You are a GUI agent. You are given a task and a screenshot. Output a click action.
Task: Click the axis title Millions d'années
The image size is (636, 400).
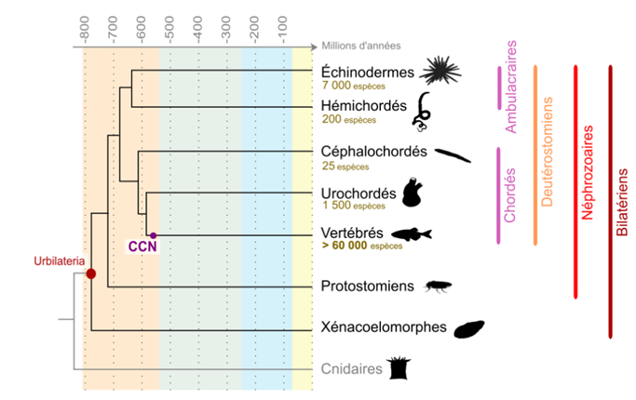(362, 44)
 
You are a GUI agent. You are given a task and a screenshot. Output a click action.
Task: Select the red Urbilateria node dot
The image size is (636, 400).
(91, 273)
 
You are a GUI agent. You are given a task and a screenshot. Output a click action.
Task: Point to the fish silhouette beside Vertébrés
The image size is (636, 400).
(412, 234)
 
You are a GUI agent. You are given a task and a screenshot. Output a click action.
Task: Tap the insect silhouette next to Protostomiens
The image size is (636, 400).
(439, 287)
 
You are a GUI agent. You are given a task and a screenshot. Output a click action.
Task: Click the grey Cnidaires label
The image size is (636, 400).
(351, 369)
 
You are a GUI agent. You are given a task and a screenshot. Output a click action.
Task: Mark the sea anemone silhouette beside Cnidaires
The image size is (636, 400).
(401, 367)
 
